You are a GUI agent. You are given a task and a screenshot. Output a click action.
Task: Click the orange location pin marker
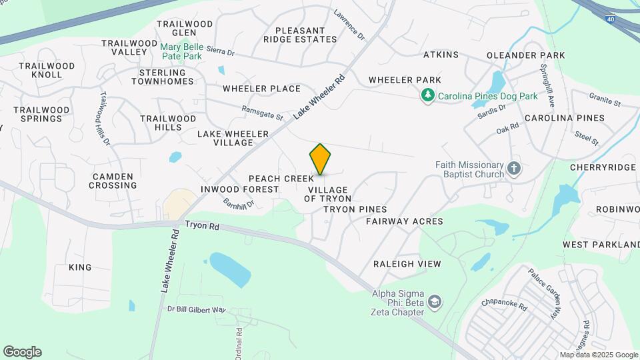tap(320, 159)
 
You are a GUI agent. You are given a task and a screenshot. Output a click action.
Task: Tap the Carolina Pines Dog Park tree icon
tap(428, 96)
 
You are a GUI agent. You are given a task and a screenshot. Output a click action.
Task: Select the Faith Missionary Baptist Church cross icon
tap(513, 168)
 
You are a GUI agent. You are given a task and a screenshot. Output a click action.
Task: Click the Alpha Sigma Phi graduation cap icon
tap(435, 302)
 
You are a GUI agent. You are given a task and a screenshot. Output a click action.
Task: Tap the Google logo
tap(22, 352)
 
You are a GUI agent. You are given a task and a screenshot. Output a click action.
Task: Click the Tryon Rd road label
tap(202, 227)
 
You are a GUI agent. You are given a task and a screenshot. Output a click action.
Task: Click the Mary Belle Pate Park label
tap(181, 52)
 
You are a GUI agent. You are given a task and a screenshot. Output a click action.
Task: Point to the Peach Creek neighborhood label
tap(281, 179)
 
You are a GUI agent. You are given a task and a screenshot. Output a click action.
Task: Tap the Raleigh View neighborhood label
tap(407, 264)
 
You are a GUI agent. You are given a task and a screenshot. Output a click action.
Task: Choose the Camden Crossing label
tap(113, 181)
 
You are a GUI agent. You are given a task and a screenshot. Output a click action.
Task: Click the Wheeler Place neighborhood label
tap(262, 89)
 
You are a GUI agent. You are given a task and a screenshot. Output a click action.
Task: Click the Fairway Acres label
tap(405, 221)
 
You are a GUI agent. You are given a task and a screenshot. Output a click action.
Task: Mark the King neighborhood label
tap(80, 267)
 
